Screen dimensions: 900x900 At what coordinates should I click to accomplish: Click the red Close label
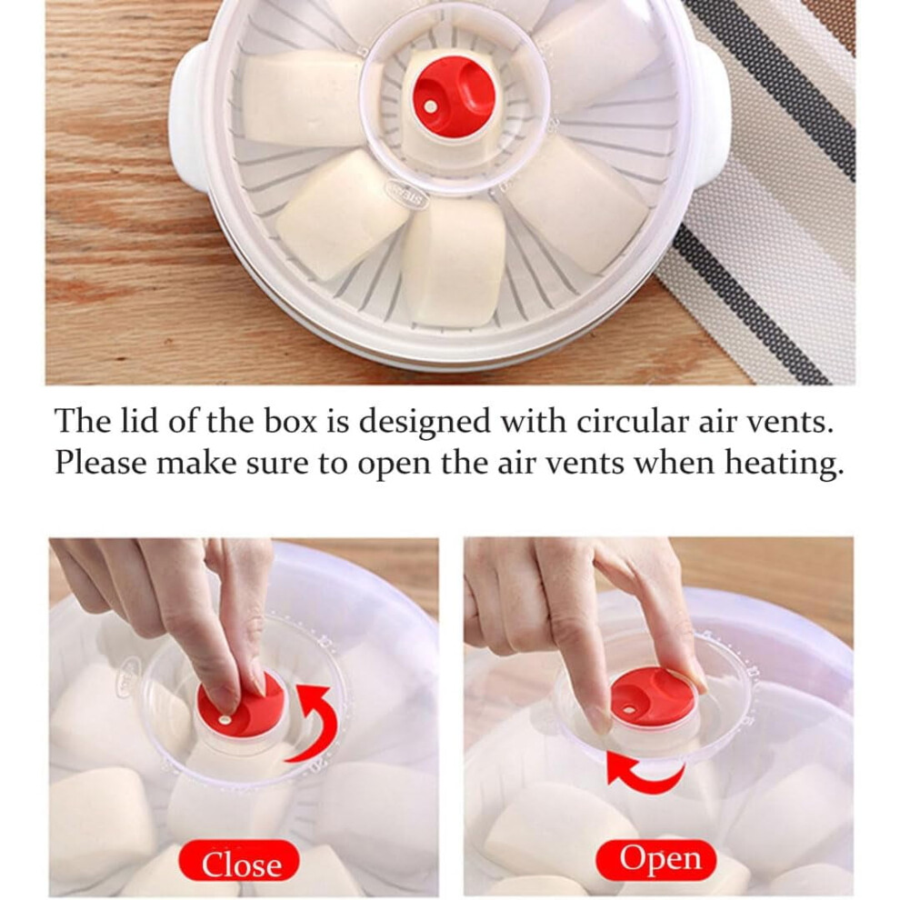239,862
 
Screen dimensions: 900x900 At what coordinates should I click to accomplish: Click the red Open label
656,859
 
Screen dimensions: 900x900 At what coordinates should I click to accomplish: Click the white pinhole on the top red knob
431,106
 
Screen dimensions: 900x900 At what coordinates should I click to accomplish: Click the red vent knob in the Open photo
653,698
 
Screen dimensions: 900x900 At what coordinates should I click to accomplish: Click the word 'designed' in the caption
425,423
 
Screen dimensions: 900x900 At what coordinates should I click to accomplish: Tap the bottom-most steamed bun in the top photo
454,264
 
